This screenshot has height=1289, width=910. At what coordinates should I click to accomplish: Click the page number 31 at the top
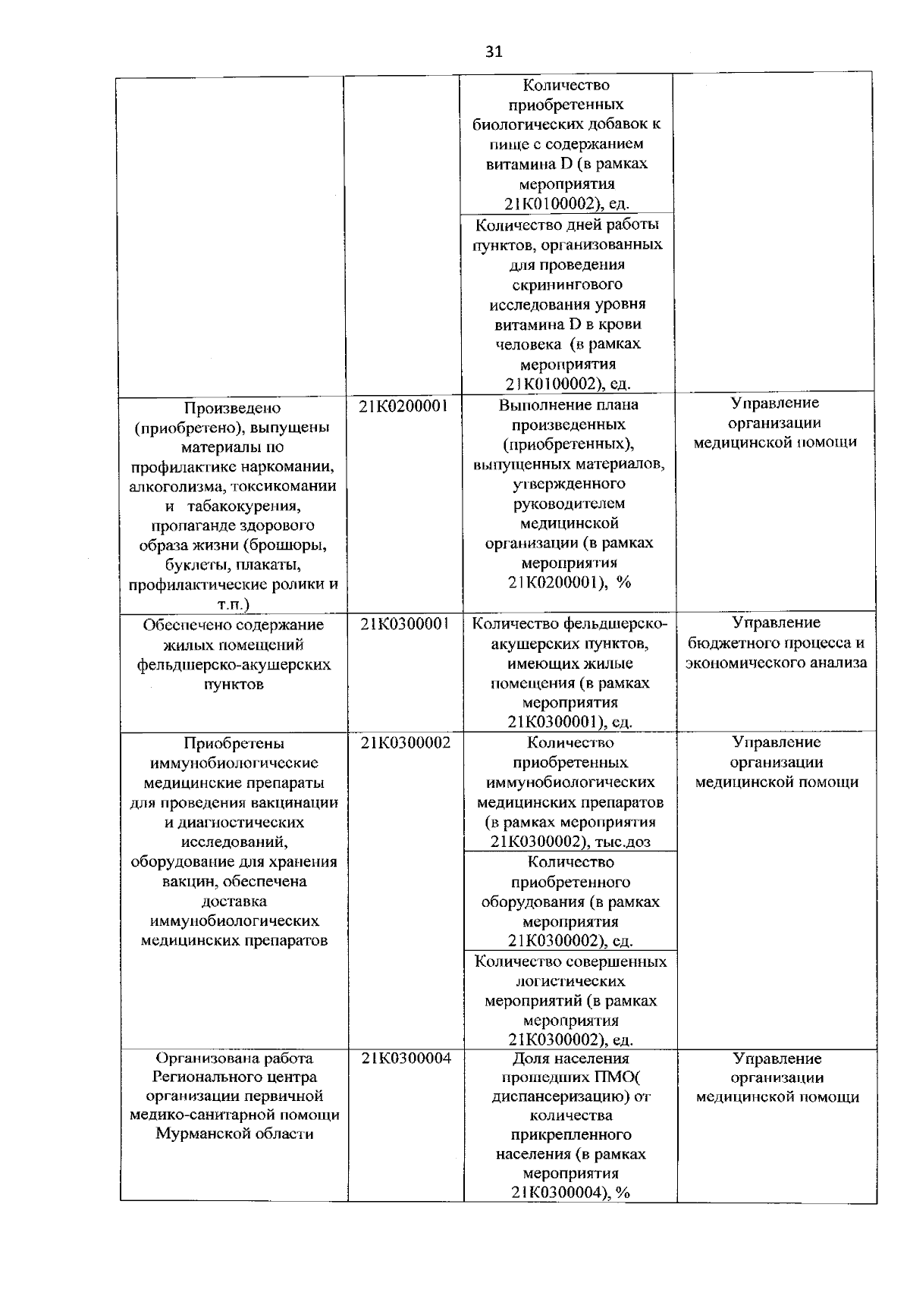[493, 52]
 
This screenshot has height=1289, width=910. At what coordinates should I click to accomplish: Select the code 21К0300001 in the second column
[405, 624]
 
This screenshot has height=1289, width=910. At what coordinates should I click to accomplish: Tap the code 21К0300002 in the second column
[405, 743]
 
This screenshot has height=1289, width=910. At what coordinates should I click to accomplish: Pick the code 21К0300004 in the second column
[405, 1058]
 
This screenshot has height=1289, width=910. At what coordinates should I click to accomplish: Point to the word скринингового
[566, 284]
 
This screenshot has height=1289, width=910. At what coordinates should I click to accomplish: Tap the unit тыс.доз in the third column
[623, 842]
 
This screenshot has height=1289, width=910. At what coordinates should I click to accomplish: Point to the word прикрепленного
[570, 1135]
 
